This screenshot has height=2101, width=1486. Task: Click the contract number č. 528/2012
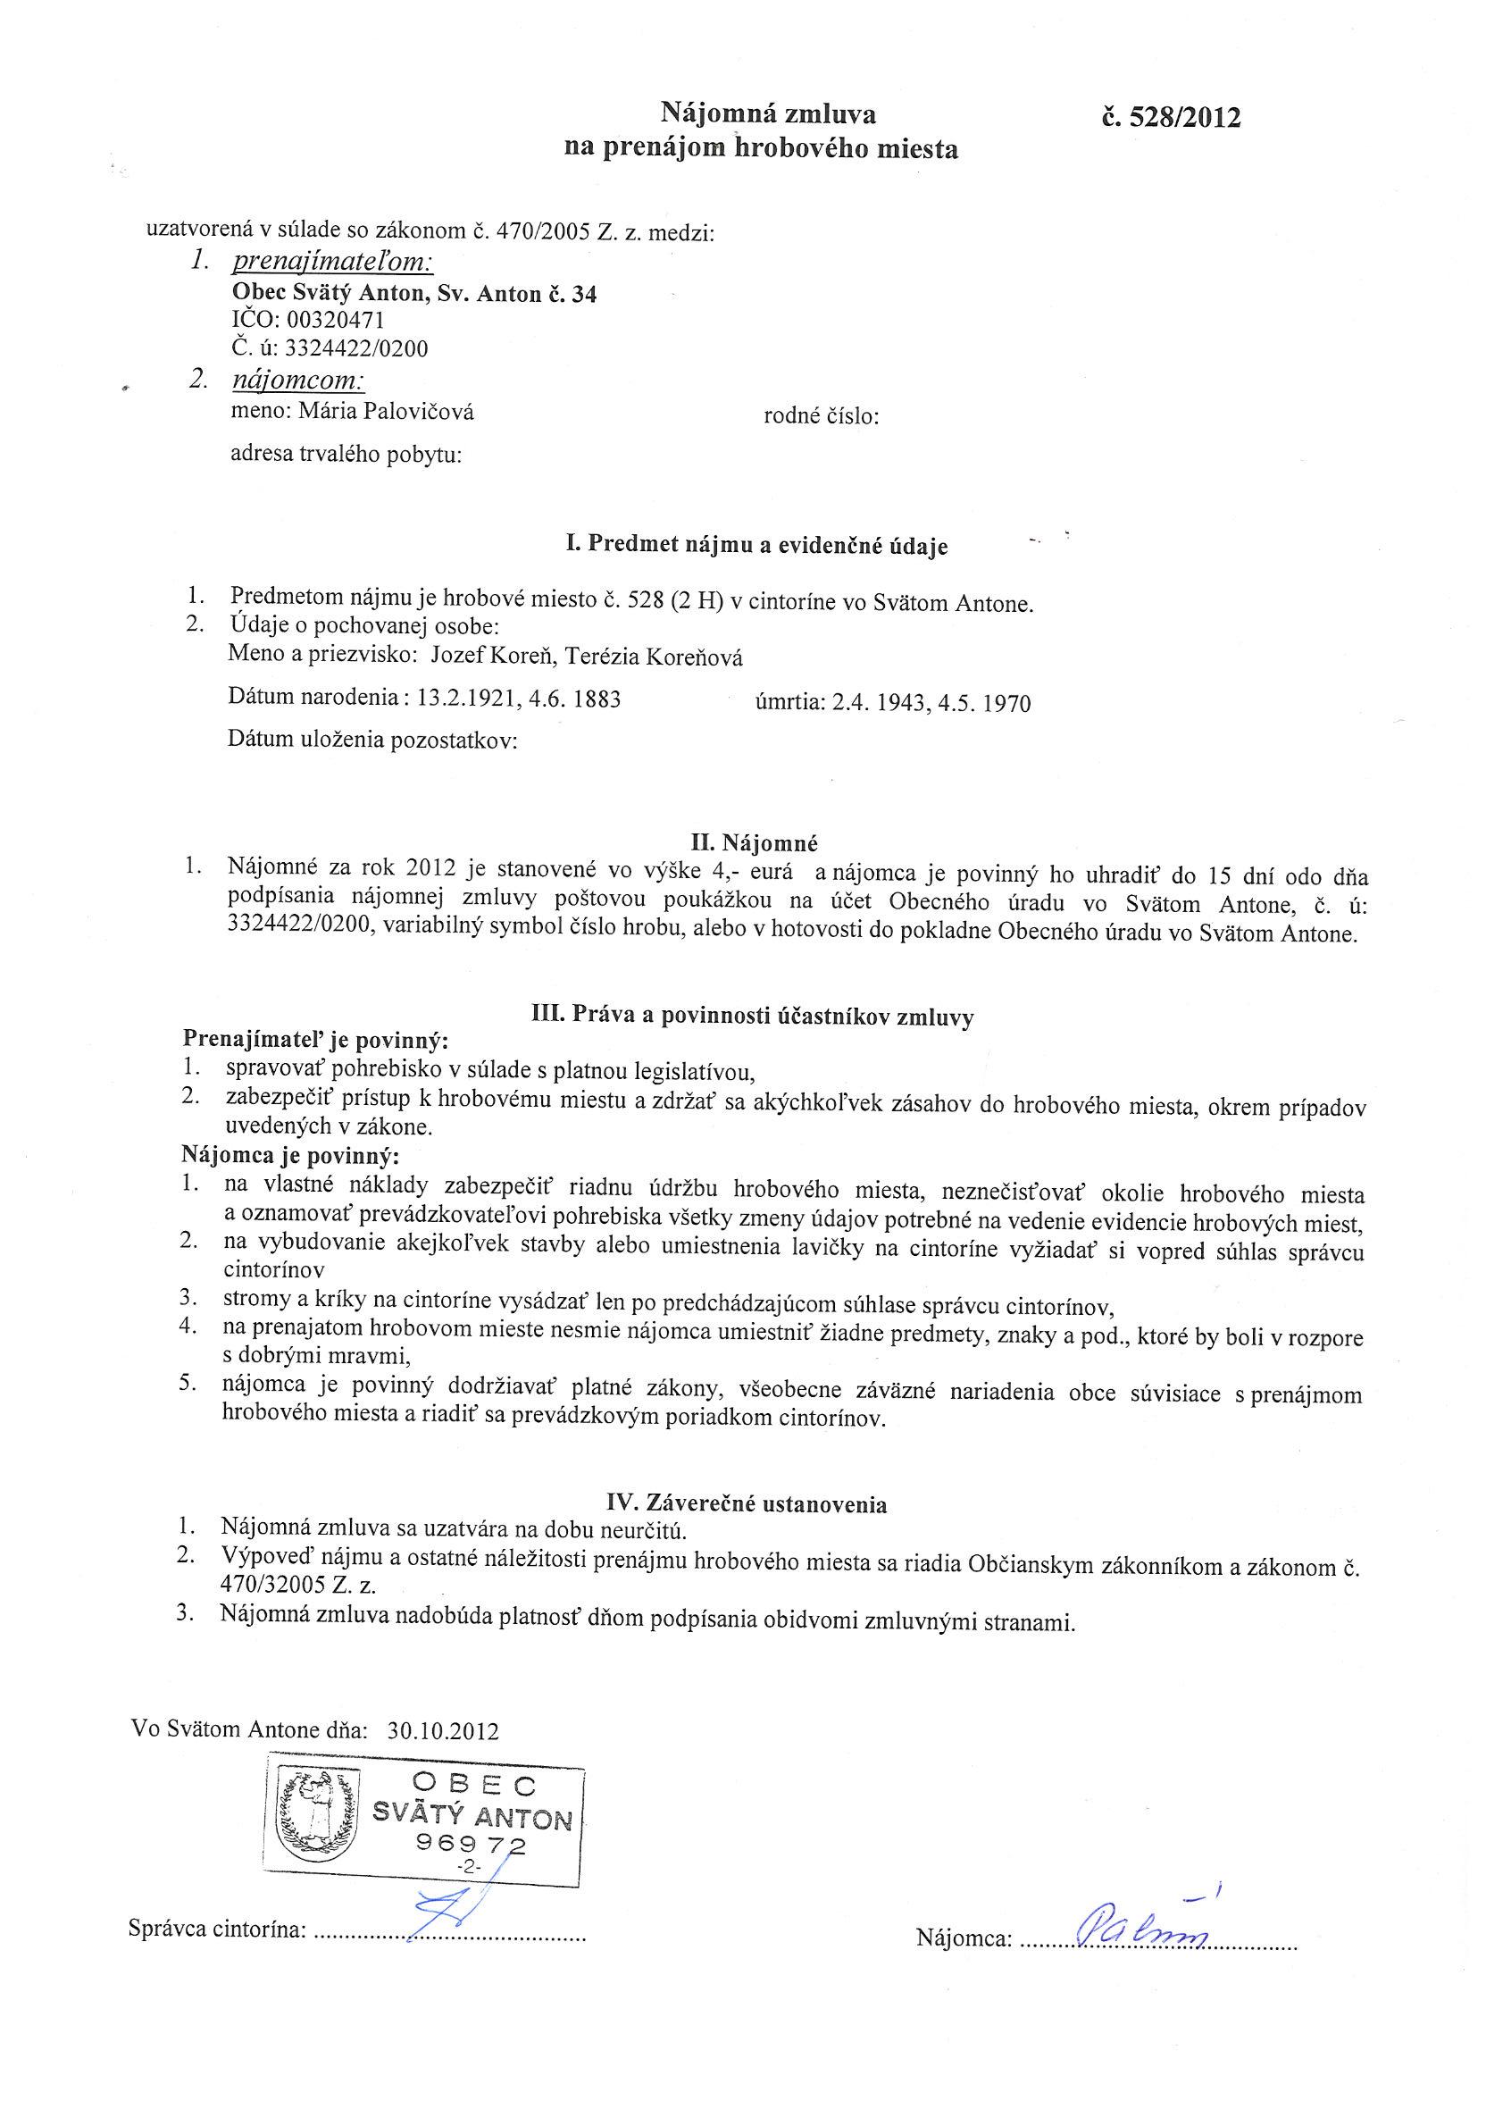pos(1172,118)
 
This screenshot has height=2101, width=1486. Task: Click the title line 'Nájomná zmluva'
pos(768,113)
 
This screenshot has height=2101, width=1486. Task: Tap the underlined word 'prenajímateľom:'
pos(332,263)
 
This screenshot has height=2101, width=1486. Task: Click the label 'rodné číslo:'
pos(821,417)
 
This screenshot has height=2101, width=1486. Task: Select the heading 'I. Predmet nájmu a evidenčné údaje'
pos(757,547)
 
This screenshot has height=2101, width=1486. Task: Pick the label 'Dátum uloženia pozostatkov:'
pos(372,741)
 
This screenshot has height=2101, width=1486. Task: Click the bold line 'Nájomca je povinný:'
pos(291,1155)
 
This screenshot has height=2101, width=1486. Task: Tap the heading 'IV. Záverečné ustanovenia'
pos(747,1503)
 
